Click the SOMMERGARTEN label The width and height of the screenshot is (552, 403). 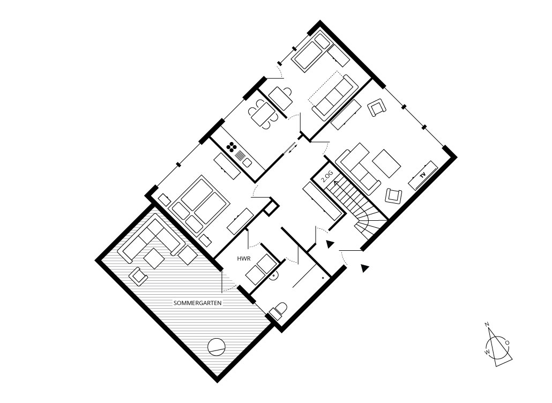pos(198,303)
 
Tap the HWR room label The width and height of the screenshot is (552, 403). pos(244,259)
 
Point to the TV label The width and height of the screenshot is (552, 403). pos(423,174)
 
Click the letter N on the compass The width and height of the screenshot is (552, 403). pos(487,324)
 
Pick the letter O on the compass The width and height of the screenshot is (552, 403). pos(507,342)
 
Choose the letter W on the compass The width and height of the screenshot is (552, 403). pos(487,352)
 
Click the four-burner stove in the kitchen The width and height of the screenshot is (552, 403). pos(232,147)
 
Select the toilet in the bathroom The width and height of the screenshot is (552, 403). pos(278,311)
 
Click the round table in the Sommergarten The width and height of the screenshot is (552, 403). pos(216,347)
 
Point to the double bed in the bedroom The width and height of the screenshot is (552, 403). pos(199,205)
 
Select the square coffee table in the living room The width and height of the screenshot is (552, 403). pos(386,163)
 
